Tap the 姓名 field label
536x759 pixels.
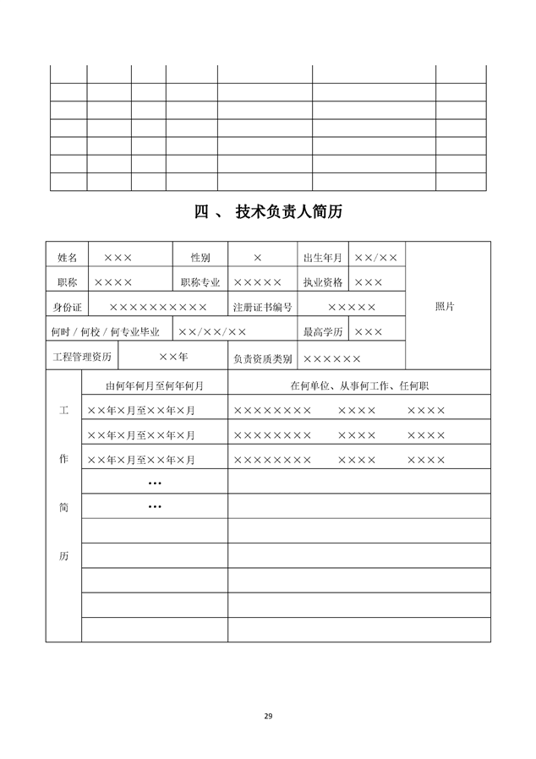point(67,257)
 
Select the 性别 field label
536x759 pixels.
point(200,257)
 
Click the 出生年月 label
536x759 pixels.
point(322,257)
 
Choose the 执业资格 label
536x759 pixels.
point(322,282)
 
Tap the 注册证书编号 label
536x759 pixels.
point(262,307)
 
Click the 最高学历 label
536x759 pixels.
point(322,332)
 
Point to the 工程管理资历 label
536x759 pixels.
point(82,357)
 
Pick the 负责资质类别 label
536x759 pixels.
point(262,358)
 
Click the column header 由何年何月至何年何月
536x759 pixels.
point(154,386)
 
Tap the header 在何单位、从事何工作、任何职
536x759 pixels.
point(358,386)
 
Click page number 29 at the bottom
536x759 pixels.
point(268,716)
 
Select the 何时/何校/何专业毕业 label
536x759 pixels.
point(105,332)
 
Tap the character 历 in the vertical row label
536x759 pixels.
point(63,557)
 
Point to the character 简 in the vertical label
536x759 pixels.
point(63,508)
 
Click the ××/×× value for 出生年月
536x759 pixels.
point(376,257)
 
